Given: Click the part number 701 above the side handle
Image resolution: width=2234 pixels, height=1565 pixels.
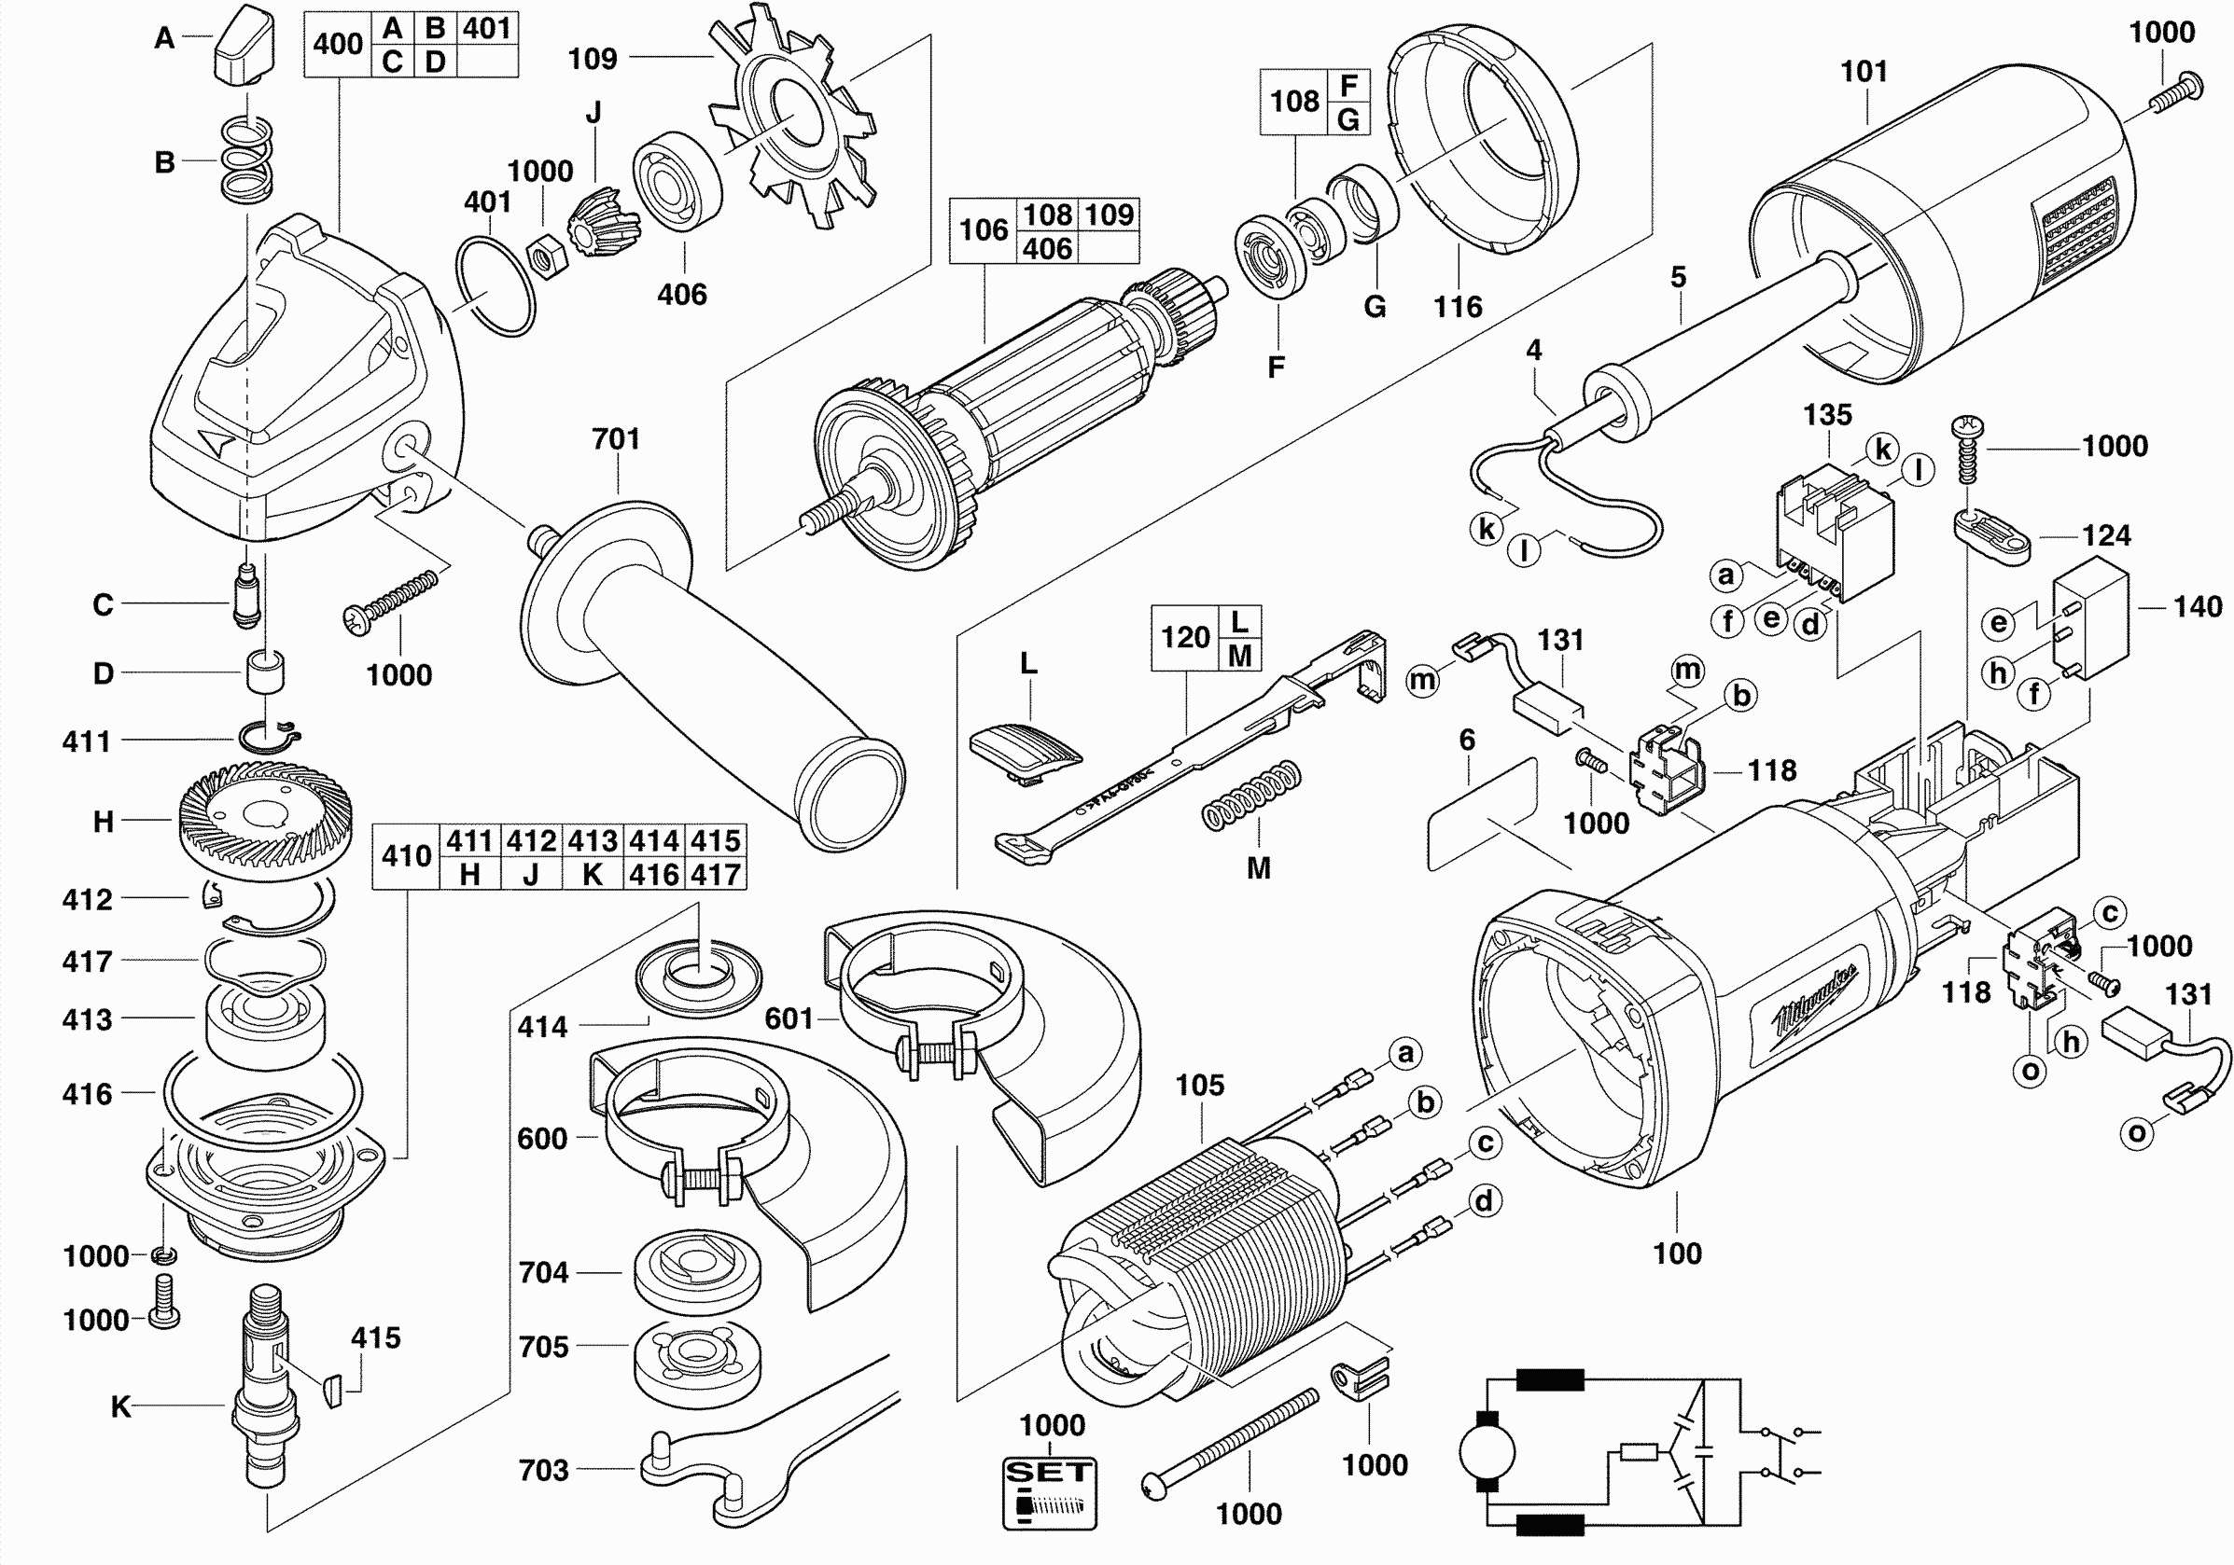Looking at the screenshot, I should [x=616, y=438].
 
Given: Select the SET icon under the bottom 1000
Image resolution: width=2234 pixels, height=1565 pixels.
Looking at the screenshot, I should [x=1049, y=1492].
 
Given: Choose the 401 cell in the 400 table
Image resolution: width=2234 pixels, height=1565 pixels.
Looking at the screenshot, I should [x=486, y=28].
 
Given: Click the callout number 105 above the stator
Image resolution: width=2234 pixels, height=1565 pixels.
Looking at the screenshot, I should [x=1200, y=1085].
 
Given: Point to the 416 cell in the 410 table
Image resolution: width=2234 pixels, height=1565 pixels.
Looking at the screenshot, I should [x=654, y=875].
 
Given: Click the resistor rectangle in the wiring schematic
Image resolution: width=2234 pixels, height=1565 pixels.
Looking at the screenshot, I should [x=1640, y=1453].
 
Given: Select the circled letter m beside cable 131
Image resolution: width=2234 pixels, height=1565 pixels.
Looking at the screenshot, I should [x=1422, y=679].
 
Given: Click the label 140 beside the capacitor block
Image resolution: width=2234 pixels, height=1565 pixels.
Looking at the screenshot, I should [x=2197, y=606].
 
